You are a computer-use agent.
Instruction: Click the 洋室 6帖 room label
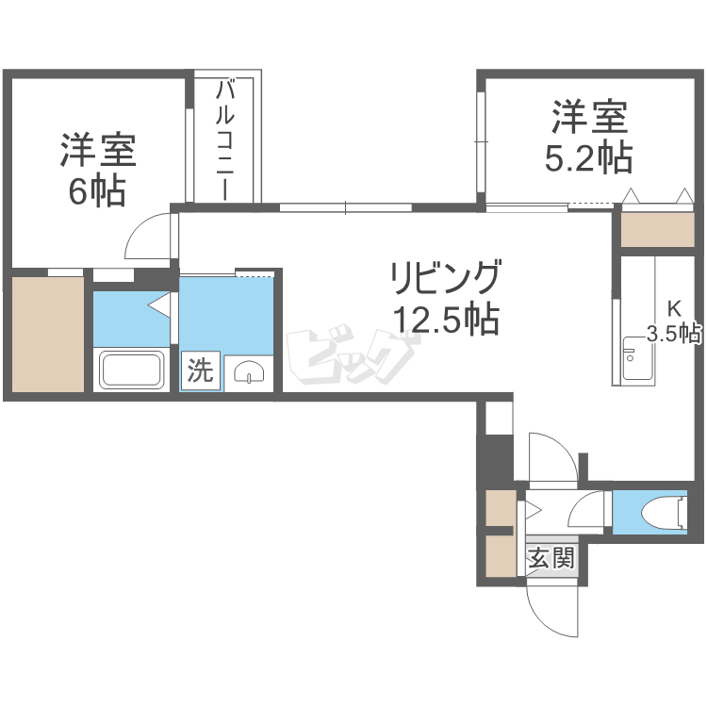click(98, 170)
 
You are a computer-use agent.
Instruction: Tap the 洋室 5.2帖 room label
click(589, 137)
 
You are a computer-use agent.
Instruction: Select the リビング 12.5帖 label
click(446, 297)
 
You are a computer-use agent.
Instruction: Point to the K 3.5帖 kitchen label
click(674, 322)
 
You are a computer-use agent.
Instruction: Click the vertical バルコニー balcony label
click(225, 140)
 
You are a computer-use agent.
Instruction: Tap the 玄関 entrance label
click(551, 558)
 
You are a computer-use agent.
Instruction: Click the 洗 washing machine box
click(201, 370)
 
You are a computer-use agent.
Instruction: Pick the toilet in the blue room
click(664, 512)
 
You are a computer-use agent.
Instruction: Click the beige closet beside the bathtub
click(48, 334)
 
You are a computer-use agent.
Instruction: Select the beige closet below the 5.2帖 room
click(657, 229)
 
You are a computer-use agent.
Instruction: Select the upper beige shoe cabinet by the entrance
click(501, 508)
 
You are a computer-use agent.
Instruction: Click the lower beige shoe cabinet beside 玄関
click(501, 555)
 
